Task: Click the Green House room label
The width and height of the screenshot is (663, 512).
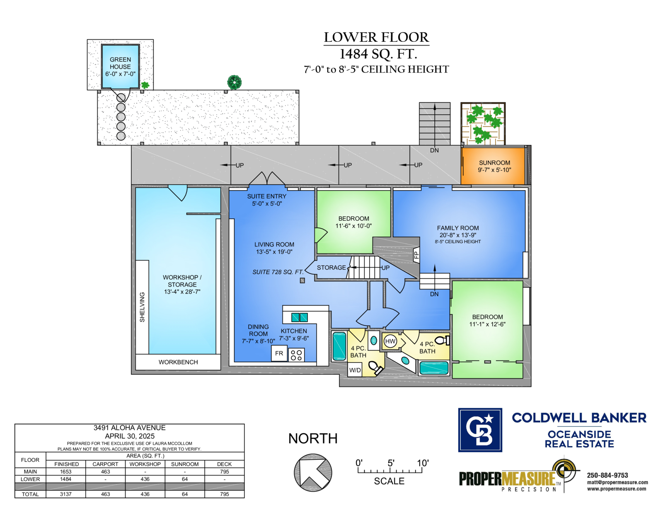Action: pyautogui.click(x=120, y=67)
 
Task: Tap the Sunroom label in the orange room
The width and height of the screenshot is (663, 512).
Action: pyautogui.click(x=494, y=166)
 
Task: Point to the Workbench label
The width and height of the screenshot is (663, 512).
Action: pyautogui.click(x=178, y=362)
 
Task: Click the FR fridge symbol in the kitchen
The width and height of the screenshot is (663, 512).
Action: pyautogui.click(x=279, y=353)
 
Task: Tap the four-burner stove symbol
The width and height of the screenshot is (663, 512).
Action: pyautogui.click(x=296, y=355)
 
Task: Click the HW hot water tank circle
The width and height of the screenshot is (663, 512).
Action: pyautogui.click(x=390, y=341)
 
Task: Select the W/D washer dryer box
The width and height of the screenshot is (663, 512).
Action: pyautogui.click(x=355, y=370)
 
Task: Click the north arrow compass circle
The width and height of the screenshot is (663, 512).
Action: pyautogui.click(x=313, y=472)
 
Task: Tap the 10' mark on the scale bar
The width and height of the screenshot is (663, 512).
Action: pyautogui.click(x=423, y=463)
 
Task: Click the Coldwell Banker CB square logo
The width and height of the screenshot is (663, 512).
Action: pyautogui.click(x=480, y=430)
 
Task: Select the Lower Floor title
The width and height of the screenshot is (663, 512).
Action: pyautogui.click(x=376, y=37)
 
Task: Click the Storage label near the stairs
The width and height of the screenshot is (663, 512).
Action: pyautogui.click(x=331, y=268)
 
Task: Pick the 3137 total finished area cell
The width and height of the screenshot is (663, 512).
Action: pyautogui.click(x=66, y=494)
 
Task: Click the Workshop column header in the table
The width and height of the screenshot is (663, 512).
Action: pyautogui.click(x=145, y=464)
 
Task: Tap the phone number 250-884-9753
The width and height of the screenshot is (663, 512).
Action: pyautogui.click(x=607, y=475)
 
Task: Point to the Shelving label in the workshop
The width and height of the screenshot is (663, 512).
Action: pyautogui.click(x=142, y=307)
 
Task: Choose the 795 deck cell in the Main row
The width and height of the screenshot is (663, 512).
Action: pyautogui.click(x=225, y=471)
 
